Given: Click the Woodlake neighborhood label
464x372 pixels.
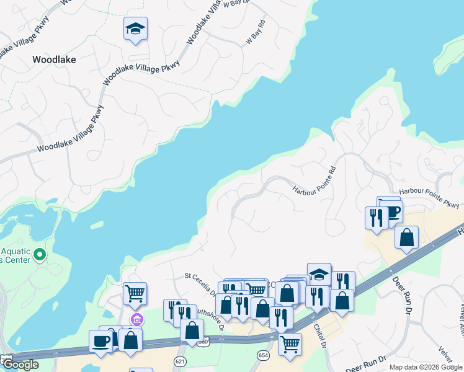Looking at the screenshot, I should click(53, 60).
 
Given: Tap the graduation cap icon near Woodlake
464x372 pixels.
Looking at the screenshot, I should click(135, 29).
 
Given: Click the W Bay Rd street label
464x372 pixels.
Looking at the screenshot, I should click(256, 32).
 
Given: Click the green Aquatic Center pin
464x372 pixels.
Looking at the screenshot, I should click(39, 255).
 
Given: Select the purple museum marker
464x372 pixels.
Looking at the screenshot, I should click(137, 320).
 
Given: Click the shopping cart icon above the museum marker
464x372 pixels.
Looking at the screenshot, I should click(135, 293).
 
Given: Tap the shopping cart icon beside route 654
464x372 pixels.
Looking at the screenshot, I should click(290, 343).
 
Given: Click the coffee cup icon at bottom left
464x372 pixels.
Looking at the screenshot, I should click(101, 340).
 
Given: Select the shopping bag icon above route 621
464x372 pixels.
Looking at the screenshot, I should click(192, 330).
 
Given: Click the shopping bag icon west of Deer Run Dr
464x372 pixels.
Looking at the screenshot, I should click(406, 237).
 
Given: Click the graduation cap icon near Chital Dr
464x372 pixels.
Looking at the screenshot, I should click(319, 273).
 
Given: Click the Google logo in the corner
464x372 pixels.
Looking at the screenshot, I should click(21, 365).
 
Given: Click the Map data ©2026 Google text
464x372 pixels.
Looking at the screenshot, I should click(425, 367).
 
